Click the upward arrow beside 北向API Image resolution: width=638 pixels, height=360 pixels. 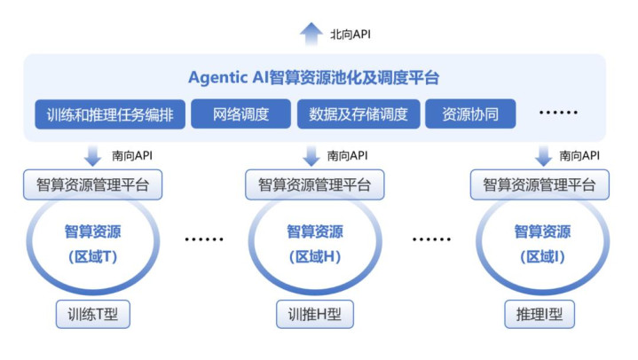click(x=311, y=34)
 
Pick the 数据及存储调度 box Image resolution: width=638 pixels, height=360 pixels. click(x=358, y=114)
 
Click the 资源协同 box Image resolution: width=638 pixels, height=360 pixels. click(x=470, y=114)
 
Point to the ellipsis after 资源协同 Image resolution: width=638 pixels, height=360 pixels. click(x=559, y=114)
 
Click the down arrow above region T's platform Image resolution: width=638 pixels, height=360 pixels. click(x=92, y=156)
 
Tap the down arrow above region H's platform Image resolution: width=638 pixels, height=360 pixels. click(x=311, y=156)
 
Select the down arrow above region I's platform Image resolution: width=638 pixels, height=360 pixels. click(x=544, y=156)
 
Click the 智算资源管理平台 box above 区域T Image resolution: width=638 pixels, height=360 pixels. click(x=92, y=185)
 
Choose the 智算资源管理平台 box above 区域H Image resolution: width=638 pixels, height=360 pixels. click(x=314, y=185)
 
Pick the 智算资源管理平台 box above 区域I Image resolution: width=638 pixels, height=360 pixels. click(x=540, y=185)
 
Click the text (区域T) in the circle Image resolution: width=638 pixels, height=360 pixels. click(x=92, y=257)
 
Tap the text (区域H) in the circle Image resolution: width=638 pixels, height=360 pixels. click(x=314, y=257)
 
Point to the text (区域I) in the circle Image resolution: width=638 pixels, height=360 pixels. click(x=540, y=257)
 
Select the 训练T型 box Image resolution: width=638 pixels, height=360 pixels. click(x=92, y=314)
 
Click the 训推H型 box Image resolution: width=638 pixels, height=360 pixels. click(x=314, y=314)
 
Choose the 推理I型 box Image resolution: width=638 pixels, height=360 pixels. click(x=539, y=314)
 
